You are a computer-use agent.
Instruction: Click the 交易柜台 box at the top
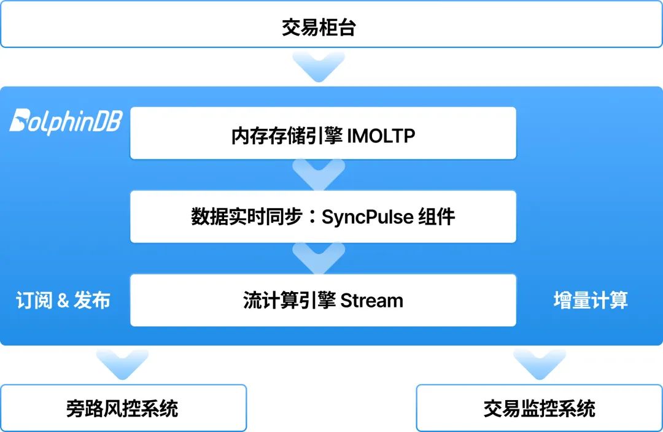pos(331,25)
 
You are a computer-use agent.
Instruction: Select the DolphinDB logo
pos(66,120)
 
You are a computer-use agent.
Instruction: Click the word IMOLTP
pos(381,136)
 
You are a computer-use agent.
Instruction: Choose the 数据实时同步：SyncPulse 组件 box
pos(323,216)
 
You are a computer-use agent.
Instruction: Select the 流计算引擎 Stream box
pos(323,299)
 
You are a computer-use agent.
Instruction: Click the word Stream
pos(371,300)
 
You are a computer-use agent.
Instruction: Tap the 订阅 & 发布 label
pos(63,300)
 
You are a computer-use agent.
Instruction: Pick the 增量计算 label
pos(591,300)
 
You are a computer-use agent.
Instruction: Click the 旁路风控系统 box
pos(123,408)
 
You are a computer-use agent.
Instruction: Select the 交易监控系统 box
pos(539,408)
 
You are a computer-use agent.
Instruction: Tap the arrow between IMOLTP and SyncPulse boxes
pos(319,175)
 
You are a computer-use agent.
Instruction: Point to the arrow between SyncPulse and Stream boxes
pos(319,258)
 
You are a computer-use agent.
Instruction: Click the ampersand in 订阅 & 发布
pos(63,301)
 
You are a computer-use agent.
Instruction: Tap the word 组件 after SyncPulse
pos(436,217)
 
